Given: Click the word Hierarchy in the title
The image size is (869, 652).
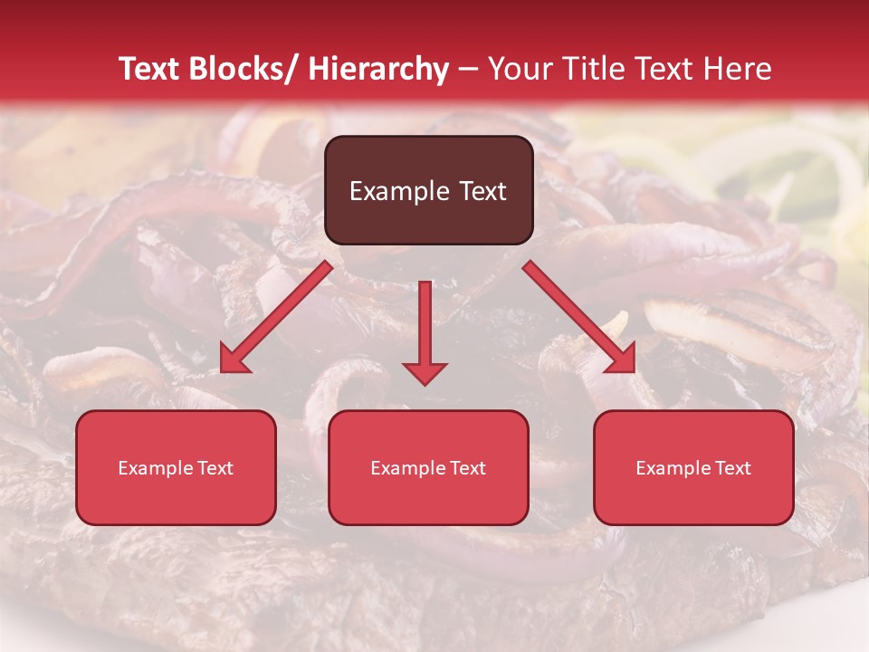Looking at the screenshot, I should point(378,69).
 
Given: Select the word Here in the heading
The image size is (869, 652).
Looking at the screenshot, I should point(737,69).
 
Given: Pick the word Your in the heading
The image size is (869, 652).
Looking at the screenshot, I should point(517,69).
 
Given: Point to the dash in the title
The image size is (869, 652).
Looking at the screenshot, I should point(468,69).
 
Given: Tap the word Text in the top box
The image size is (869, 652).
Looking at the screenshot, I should point(481,191).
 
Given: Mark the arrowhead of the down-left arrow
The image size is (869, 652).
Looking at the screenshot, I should point(232,361).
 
